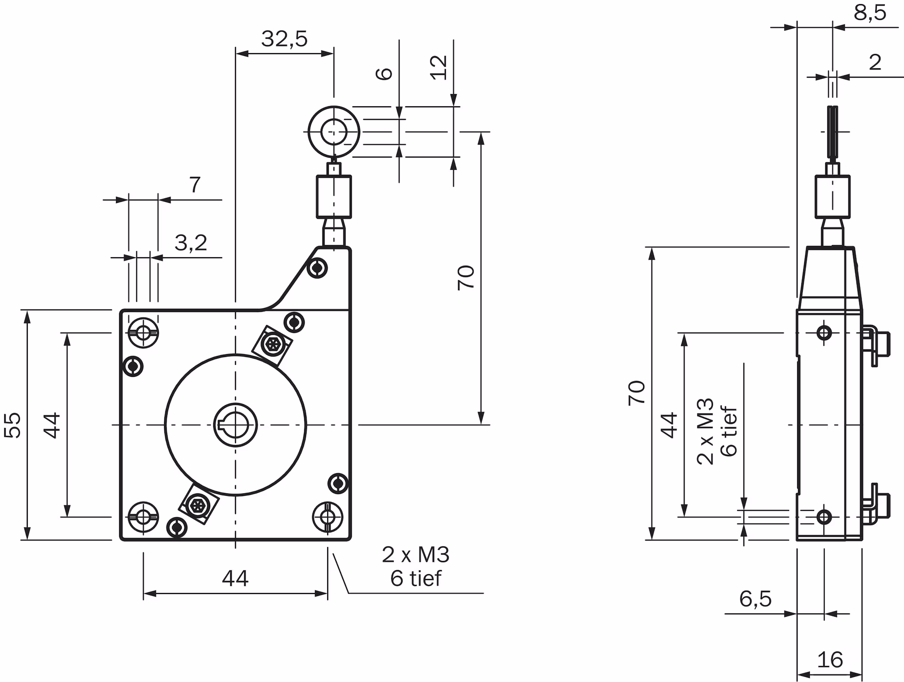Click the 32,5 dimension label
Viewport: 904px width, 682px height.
(x=284, y=39)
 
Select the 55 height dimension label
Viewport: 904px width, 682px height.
(x=13, y=425)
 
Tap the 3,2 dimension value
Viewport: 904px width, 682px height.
(x=191, y=243)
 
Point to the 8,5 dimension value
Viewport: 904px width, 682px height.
(x=870, y=13)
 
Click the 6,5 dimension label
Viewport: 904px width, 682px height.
(x=755, y=599)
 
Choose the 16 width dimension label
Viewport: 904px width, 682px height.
(x=830, y=660)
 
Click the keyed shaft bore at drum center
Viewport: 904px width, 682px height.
(x=235, y=425)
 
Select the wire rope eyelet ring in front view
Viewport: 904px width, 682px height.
(x=333, y=132)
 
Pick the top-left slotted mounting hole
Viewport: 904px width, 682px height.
(x=143, y=333)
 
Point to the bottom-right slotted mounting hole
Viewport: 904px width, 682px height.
(x=328, y=517)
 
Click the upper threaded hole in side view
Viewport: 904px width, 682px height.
(x=824, y=333)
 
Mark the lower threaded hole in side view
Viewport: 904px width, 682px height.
(x=824, y=517)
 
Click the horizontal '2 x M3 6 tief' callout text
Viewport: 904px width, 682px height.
(x=416, y=567)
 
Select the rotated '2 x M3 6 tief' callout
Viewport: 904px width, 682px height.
(x=716, y=432)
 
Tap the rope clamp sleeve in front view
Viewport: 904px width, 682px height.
(x=333, y=196)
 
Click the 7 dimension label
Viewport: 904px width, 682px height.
(x=194, y=185)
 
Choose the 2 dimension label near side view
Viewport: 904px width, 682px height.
(x=875, y=63)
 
